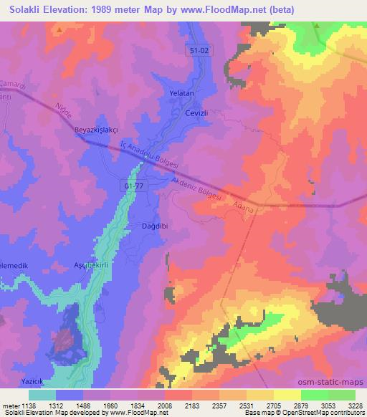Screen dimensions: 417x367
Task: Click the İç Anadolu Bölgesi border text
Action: click(150, 158)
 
